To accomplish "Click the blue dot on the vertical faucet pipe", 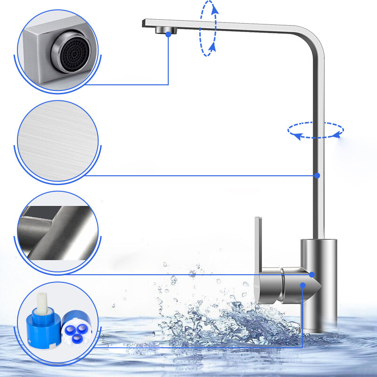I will pos(317,175).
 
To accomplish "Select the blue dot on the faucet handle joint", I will pos(311,274).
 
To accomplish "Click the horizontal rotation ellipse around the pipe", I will pos(316,130).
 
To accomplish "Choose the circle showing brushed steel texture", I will pos(58,141).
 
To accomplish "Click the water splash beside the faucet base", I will pos(221,320).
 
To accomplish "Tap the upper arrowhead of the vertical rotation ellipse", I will pos(214,8).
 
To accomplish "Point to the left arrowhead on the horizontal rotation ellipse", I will pos(296,136).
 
